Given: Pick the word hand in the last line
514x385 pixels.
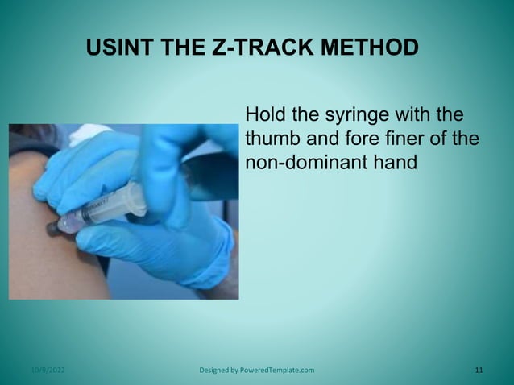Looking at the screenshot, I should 396,162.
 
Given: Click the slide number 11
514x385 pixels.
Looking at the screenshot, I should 479,371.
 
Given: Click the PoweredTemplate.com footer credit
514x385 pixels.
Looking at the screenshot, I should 276,371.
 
